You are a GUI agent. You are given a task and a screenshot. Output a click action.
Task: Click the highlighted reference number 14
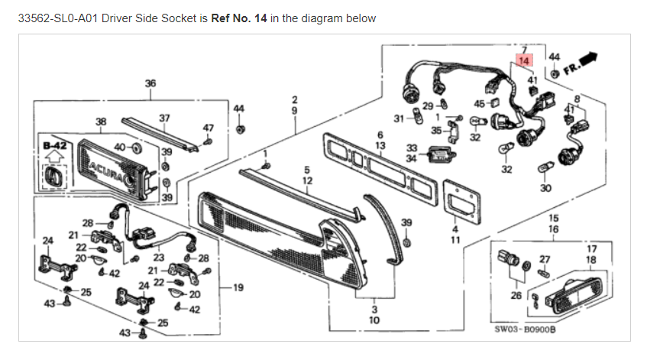(524, 60)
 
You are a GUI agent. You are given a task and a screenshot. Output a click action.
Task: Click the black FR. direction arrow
(588, 59)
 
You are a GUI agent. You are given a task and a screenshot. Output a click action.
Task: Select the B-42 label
(55, 146)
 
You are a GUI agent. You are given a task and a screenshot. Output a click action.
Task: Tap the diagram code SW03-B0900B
(525, 329)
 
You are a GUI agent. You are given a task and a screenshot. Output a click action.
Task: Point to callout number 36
(150, 83)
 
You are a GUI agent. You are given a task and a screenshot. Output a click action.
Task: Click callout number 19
(238, 287)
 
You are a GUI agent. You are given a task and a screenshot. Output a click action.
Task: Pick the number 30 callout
(545, 188)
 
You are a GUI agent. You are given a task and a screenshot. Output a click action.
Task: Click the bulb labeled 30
(544, 168)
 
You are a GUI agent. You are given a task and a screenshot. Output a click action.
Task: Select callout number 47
(208, 128)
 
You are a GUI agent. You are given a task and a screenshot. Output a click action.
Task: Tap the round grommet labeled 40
(134, 148)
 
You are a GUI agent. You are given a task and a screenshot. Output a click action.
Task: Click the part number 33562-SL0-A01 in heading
(58, 18)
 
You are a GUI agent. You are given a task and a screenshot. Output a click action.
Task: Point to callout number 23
(159, 258)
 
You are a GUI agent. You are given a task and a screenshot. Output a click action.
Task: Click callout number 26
(516, 296)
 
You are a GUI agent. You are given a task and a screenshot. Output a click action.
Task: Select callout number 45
(479, 104)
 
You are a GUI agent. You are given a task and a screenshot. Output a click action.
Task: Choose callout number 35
(436, 131)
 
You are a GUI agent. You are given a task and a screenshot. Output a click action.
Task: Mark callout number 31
(399, 119)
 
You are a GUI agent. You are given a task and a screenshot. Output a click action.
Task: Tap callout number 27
(545, 259)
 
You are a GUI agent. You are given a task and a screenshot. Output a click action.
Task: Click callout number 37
(164, 118)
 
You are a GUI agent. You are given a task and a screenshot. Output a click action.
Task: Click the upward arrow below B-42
(55, 157)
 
